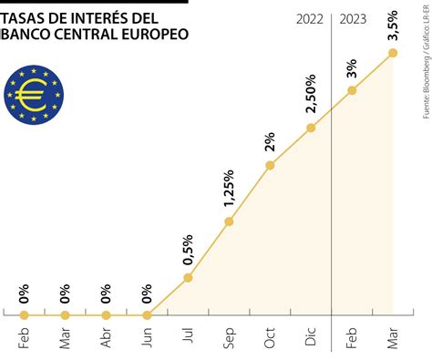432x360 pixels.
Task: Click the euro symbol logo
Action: tap(34, 95)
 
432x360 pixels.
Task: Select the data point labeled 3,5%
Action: tap(393, 53)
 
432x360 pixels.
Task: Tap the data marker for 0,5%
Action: tap(189, 278)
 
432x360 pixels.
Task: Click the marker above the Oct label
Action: tap(270, 165)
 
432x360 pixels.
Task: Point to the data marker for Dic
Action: tap(311, 128)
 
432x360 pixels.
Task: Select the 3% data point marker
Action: tap(352, 90)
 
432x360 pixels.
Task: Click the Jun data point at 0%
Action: tap(147, 315)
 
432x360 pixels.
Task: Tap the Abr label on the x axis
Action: tap(106, 338)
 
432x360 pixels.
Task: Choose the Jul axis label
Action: tap(189, 334)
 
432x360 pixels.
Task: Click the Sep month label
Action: tap(230, 338)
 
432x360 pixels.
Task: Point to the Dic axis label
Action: tap(311, 336)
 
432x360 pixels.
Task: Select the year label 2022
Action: tap(310, 19)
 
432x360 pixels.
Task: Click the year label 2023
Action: tap(353, 19)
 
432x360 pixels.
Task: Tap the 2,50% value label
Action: tap(311, 94)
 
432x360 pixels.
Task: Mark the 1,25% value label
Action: tap(229, 189)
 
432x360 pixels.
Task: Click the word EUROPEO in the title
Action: tap(155, 34)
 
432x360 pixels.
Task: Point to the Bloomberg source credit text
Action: tap(427, 76)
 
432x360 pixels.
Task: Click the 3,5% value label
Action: tap(393, 26)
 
